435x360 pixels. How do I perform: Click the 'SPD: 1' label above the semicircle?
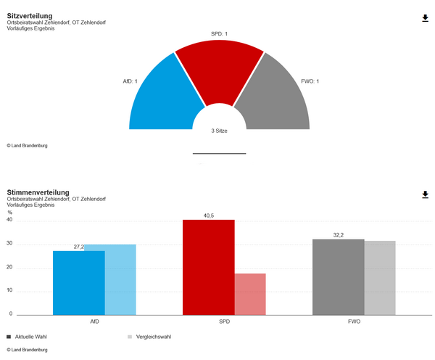click(x=219, y=34)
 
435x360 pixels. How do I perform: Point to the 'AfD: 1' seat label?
click(x=130, y=81)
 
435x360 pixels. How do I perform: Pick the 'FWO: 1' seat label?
click(x=310, y=81)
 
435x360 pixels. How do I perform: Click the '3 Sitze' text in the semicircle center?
click(x=219, y=131)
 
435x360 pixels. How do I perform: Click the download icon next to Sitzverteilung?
click(x=425, y=18)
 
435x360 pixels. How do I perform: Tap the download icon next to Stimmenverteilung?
click(x=425, y=195)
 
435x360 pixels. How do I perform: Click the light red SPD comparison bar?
click(x=250, y=294)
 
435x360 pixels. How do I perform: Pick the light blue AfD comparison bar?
click(x=120, y=279)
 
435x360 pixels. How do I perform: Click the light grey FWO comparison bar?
click(x=380, y=278)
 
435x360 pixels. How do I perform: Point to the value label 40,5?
click(x=209, y=216)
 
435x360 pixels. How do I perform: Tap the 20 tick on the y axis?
click(x=9, y=267)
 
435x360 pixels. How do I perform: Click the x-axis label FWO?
click(x=355, y=322)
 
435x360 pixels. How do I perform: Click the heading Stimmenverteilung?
click(x=38, y=192)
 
